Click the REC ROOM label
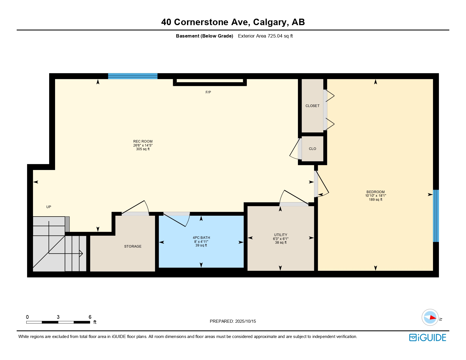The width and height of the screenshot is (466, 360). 143,141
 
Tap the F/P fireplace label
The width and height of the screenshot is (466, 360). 208,92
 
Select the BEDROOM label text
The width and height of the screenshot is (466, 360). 375,192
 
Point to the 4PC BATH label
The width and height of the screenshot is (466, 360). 201,237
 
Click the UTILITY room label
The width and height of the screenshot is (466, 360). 280,235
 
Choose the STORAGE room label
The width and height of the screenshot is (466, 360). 133,246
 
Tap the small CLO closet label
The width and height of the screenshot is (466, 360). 312,149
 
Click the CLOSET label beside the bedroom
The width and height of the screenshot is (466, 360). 312,106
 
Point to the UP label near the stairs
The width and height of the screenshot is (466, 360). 49,207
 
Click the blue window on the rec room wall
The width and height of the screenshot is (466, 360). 133,76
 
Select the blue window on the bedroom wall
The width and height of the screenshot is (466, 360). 436,216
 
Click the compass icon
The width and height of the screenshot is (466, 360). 430,317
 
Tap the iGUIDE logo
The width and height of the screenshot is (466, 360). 427,337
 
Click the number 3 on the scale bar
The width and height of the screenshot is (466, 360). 58,317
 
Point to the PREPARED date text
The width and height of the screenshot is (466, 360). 233,321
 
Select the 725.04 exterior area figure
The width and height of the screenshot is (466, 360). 275,36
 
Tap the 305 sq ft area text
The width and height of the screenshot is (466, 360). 143,149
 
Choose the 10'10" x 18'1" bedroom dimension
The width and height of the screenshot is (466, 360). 375,196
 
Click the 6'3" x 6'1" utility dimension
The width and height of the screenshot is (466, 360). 280,239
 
